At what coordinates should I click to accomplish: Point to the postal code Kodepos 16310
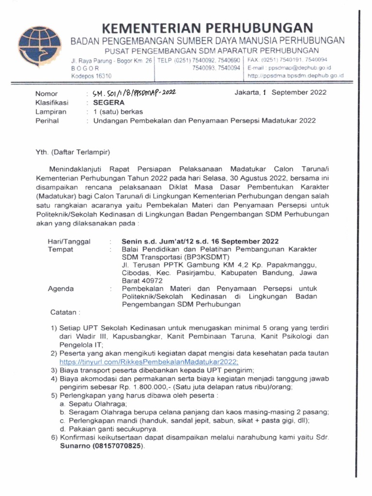[91, 76]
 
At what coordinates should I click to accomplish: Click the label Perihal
[46, 121]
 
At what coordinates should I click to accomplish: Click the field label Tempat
[61, 249]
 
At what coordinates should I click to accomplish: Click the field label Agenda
[61, 289]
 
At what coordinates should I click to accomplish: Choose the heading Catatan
[65, 312]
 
